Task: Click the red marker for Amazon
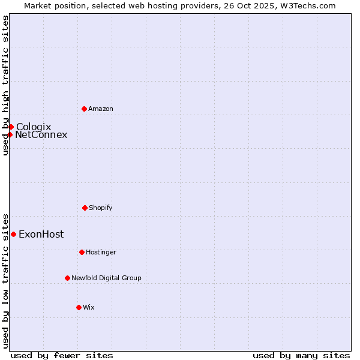[84, 109]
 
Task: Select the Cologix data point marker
[11, 127]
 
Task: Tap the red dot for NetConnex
[10, 134]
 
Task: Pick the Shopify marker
[85, 208]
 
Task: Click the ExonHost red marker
[13, 234]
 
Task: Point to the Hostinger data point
[82, 252]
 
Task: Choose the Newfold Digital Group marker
[67, 278]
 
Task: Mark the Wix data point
[79, 307]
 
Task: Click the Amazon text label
[101, 109]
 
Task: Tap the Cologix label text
[34, 127]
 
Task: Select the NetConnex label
[41, 134]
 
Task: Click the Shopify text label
[101, 208]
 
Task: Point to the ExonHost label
[41, 234]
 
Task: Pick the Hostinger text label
[101, 252]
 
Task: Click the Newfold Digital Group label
[106, 278]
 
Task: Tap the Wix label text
[89, 307]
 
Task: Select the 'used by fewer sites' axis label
[62, 355]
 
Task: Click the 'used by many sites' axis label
[301, 355]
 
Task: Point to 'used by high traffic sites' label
[5, 85]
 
